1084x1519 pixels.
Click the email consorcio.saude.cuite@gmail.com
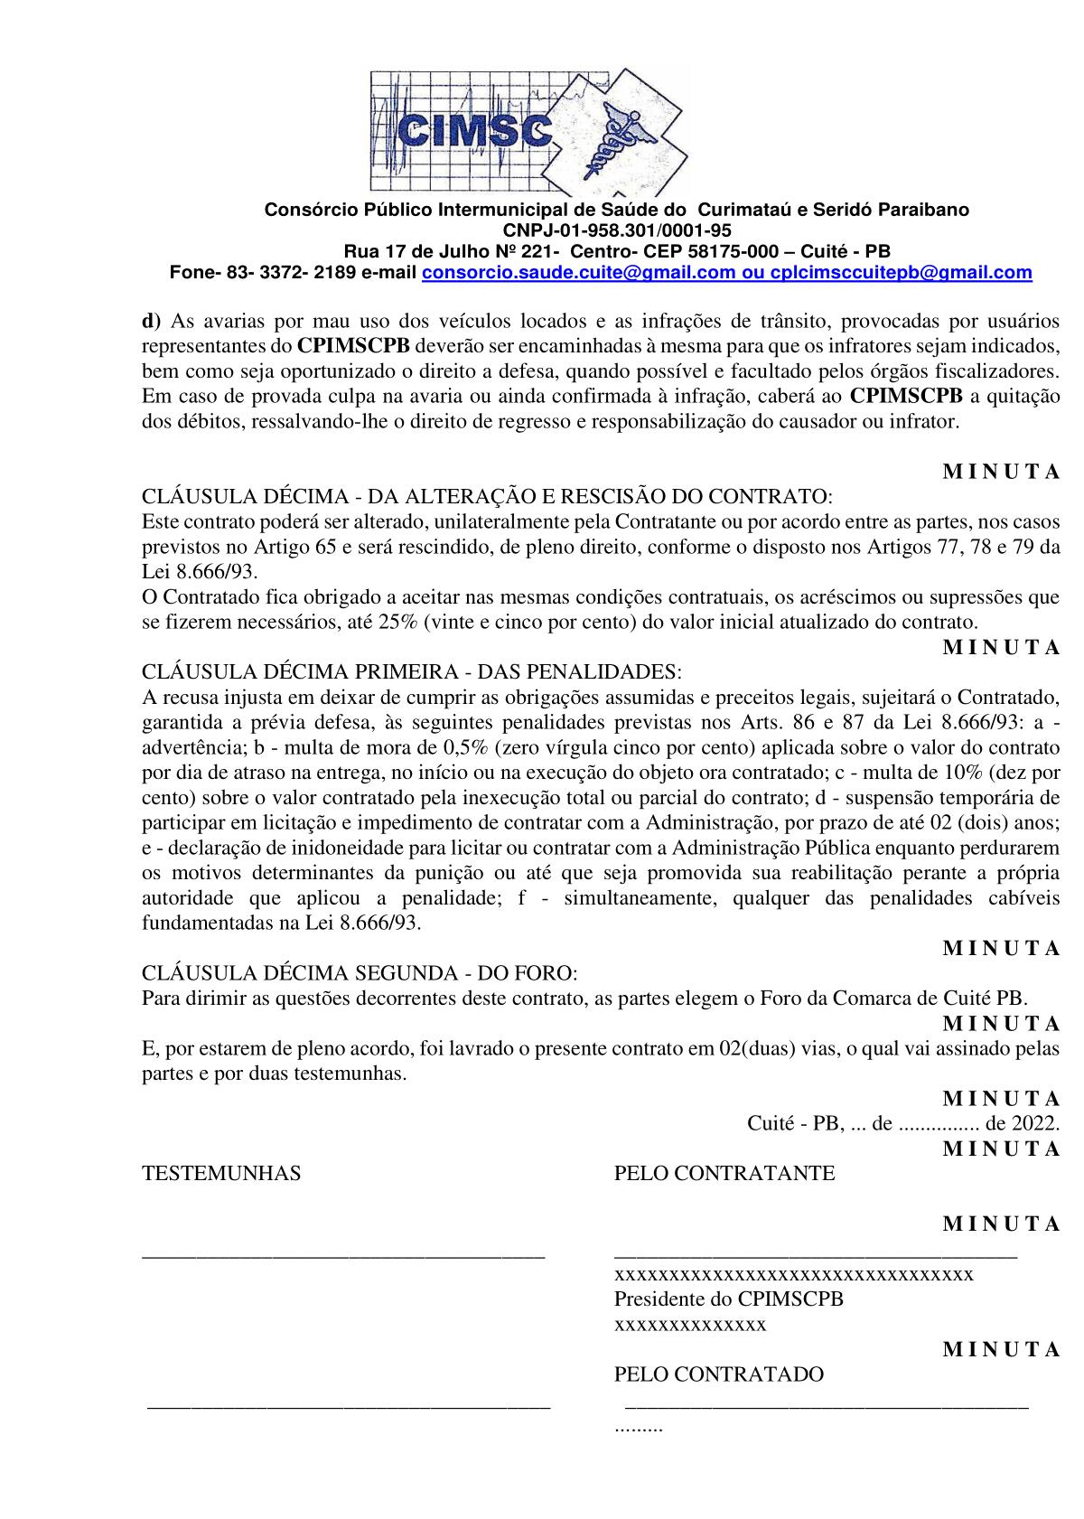(x=577, y=272)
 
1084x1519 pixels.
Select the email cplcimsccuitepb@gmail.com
(x=901, y=272)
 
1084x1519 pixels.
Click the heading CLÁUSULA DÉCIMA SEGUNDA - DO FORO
(x=359, y=973)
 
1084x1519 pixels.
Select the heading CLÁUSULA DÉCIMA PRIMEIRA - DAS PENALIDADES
(x=412, y=672)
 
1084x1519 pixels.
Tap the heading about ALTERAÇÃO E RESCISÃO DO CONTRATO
(x=488, y=497)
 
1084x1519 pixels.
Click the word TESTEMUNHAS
(x=221, y=1174)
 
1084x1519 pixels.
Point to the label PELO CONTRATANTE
(x=724, y=1174)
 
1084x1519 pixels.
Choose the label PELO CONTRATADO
(x=719, y=1374)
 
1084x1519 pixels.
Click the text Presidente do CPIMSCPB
(x=728, y=1299)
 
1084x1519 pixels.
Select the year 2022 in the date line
(x=1034, y=1124)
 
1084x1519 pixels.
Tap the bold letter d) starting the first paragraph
(x=151, y=321)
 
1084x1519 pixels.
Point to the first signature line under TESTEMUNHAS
(x=343, y=1254)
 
